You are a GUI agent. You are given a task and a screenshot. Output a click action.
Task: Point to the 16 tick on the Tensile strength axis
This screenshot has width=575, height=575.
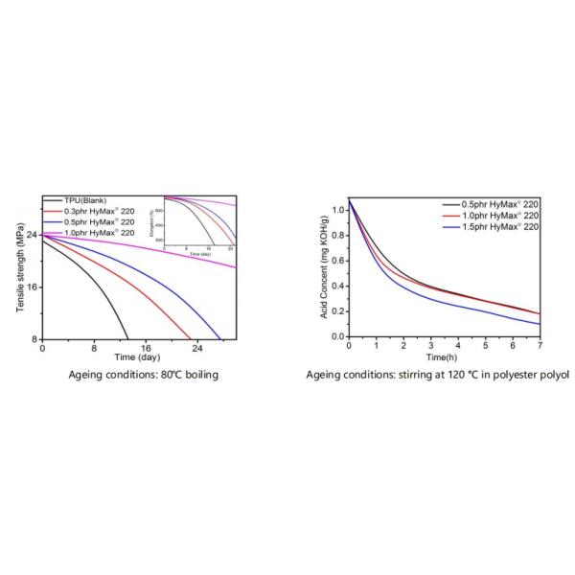coord(34,287)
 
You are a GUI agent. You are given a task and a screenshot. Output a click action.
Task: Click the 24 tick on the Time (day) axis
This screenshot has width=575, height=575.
coord(197,348)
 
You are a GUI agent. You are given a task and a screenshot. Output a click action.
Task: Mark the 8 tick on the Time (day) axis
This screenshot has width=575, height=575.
coord(94,348)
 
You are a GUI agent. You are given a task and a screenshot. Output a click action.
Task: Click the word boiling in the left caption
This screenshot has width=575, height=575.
coord(200,375)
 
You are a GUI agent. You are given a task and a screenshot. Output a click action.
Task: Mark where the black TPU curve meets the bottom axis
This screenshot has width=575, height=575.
coord(128,338)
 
